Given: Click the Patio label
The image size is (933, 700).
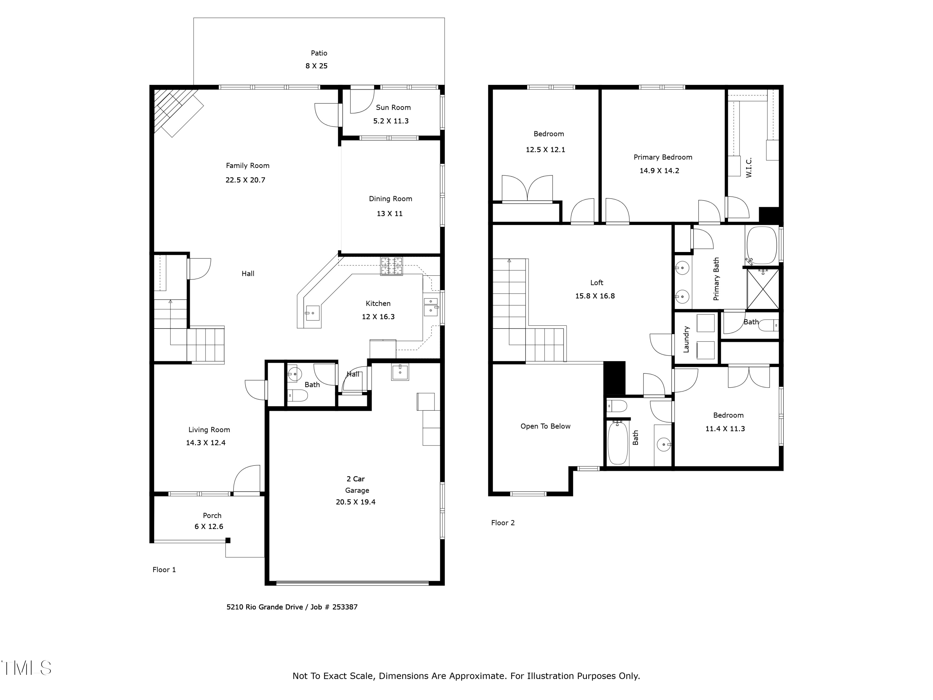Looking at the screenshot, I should [319, 53].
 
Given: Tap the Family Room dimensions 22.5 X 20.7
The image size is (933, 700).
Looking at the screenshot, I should [245, 180].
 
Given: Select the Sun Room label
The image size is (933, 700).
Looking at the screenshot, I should [393, 108].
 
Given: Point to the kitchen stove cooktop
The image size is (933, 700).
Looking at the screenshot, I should [392, 266].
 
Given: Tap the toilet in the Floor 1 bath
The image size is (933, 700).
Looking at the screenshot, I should [298, 396].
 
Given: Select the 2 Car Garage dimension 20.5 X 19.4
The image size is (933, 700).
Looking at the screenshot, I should [355, 502].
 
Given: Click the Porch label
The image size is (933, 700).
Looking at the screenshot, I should [212, 516].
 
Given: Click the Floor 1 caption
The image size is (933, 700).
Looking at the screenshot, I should [164, 570].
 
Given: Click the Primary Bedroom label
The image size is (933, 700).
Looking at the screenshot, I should [663, 157].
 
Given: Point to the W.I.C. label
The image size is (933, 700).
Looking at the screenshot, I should [749, 167].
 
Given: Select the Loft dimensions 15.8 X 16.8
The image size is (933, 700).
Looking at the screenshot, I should [595, 296].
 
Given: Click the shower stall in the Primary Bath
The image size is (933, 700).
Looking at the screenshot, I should [763, 289].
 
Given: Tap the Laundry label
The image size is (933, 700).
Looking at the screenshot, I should [686, 339].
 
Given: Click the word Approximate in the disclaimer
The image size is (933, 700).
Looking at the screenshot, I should [477, 676].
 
